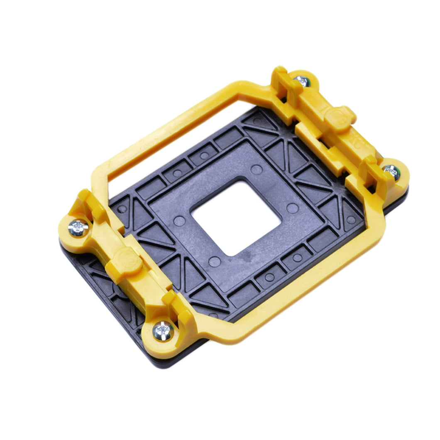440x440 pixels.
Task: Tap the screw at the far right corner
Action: click(x=391, y=171)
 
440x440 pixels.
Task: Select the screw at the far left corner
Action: click(x=78, y=228)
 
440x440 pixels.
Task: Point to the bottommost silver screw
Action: click(x=162, y=330)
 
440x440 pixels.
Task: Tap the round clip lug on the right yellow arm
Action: click(x=343, y=117)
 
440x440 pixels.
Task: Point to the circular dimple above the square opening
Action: click(x=257, y=169)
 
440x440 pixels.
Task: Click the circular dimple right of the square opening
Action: click(x=292, y=208)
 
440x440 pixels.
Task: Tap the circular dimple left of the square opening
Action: click(x=179, y=221)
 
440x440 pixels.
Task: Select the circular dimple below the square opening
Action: click(x=214, y=261)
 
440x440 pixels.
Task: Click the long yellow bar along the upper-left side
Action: click(x=166, y=125)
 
